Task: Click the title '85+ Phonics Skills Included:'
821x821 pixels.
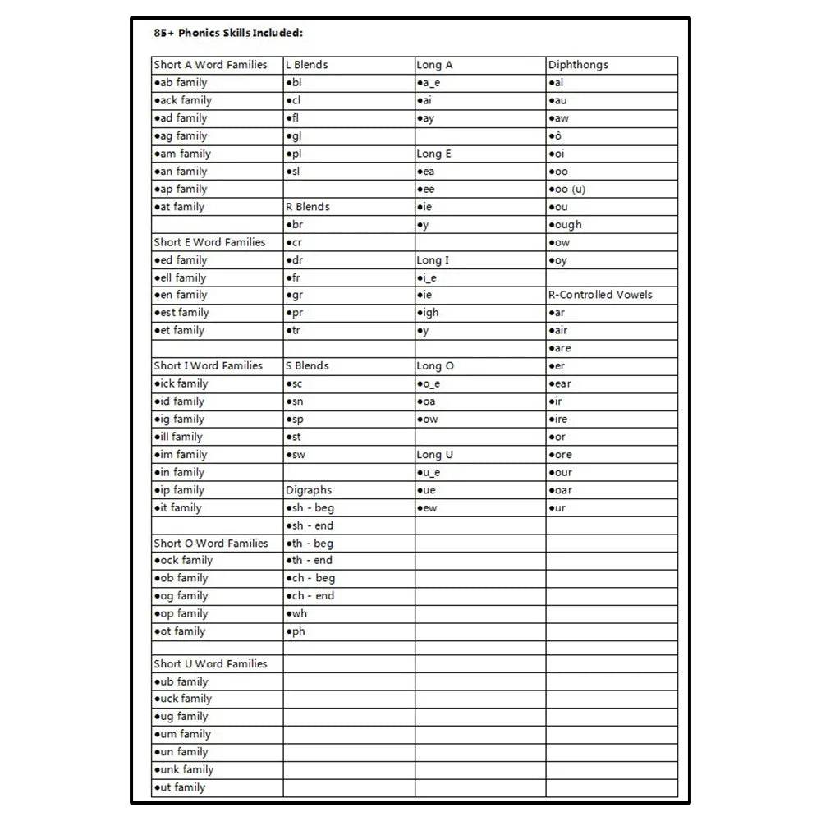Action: click(228, 34)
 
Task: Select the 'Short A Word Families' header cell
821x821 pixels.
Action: click(211, 65)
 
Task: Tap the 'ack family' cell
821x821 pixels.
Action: click(183, 100)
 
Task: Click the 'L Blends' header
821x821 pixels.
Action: click(307, 65)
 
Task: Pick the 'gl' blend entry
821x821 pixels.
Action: click(294, 136)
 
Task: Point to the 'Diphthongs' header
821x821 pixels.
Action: click(578, 65)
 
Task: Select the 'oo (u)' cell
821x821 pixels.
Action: click(567, 190)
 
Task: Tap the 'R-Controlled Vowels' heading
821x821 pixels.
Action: click(600, 295)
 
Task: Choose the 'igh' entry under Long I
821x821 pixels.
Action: click(428, 313)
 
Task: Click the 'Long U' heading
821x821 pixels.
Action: click(435, 455)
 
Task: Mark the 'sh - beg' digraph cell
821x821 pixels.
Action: click(310, 508)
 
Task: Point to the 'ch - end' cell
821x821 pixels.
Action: click(310, 596)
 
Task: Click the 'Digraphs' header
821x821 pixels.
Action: click(309, 490)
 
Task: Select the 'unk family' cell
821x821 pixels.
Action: click(184, 770)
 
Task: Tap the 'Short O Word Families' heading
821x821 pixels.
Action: click(211, 544)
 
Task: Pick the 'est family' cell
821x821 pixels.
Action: click(181, 313)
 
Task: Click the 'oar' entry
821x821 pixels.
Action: click(561, 490)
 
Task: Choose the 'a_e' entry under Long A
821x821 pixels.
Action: click(429, 83)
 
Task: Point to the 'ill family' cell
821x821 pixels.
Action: click(178, 437)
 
